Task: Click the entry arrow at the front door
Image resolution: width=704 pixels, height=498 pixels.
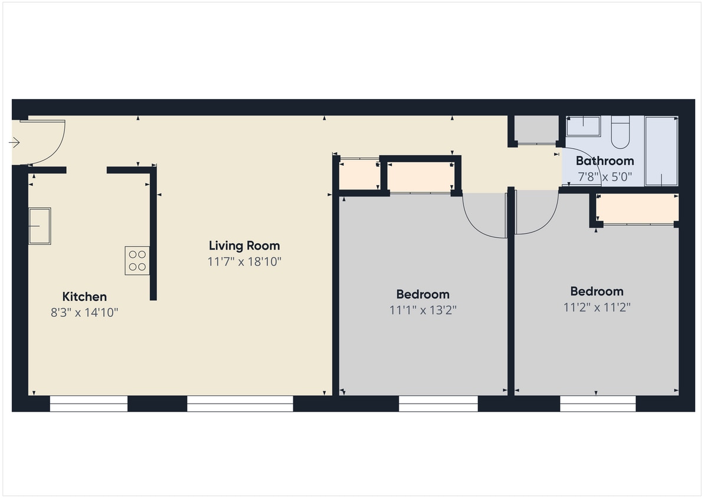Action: [15, 143]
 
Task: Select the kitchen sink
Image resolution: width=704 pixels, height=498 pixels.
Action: [40, 225]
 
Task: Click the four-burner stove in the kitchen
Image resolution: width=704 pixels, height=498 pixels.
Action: [137, 261]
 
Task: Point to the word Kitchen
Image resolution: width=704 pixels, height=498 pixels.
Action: [84, 297]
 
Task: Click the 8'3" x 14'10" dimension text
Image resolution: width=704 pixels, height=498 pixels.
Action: [84, 313]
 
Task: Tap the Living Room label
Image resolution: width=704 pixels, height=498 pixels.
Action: [244, 245]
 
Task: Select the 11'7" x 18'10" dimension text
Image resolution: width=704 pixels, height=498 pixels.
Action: [244, 261]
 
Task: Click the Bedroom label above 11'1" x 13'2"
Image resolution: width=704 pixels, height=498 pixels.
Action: [423, 294]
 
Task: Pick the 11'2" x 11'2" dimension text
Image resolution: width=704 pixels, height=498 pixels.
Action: [597, 307]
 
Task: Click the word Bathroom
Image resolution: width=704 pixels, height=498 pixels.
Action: [605, 160]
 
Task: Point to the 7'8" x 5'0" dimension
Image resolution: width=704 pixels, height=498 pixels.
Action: [605, 176]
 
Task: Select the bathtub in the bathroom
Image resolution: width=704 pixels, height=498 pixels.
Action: [661, 151]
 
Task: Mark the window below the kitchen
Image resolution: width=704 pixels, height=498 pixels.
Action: [89, 404]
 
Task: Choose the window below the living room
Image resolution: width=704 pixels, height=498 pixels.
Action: [240, 404]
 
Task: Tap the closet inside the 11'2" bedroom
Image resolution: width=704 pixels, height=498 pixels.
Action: [637, 208]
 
